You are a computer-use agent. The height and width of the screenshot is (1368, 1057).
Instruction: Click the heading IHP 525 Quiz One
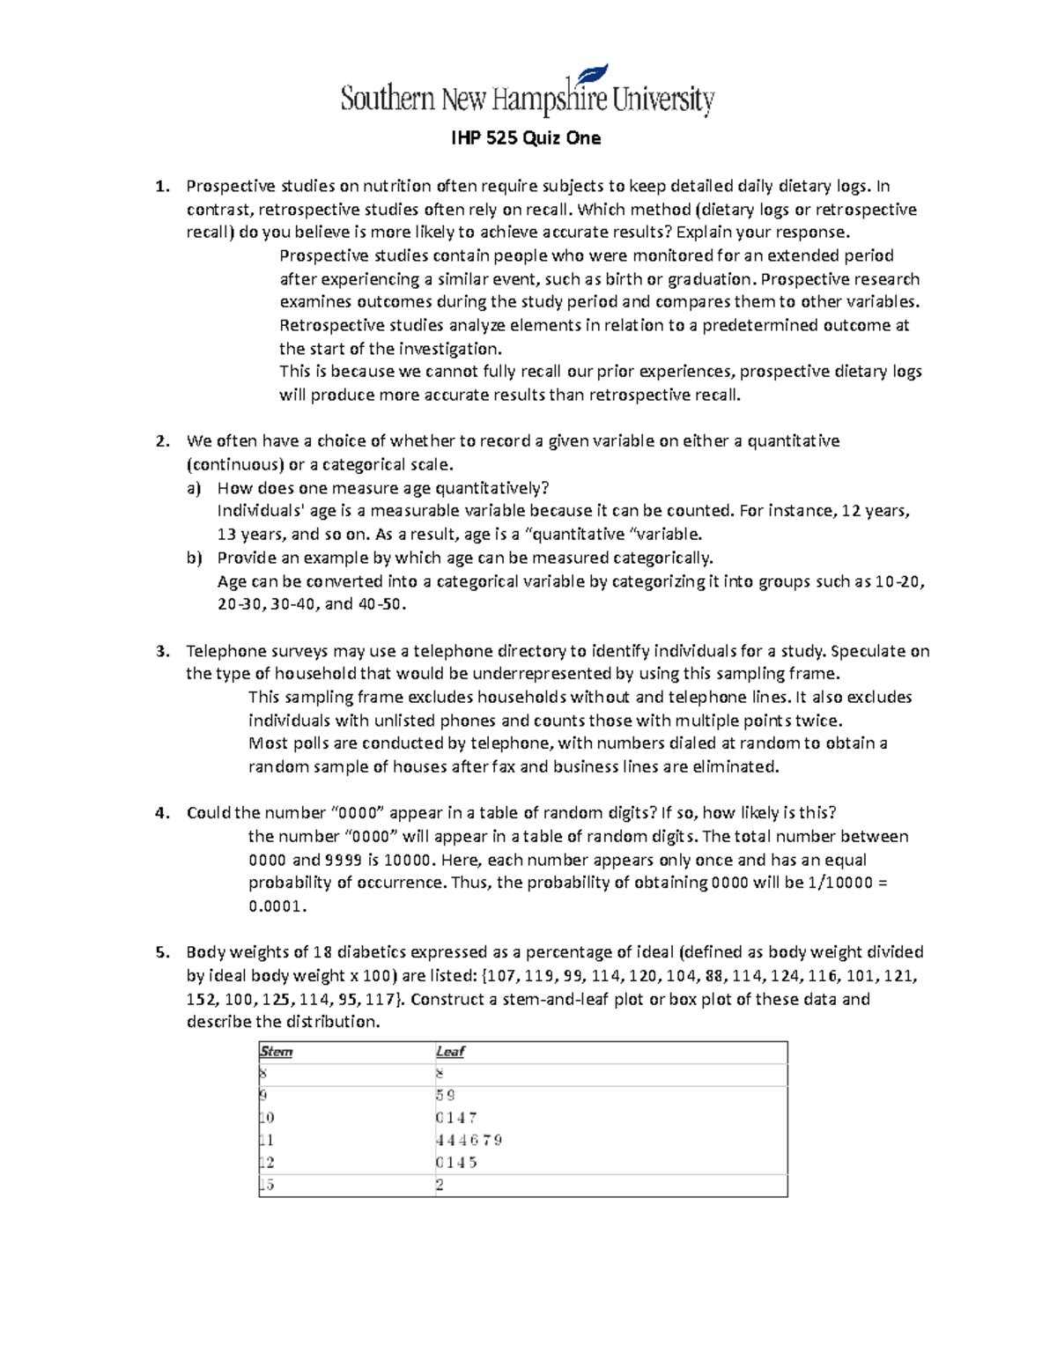pyautogui.click(x=526, y=137)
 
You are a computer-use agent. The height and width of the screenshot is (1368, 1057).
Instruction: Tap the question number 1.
pyautogui.click(x=160, y=186)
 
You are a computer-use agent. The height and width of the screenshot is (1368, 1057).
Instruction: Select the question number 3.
pyautogui.click(x=160, y=651)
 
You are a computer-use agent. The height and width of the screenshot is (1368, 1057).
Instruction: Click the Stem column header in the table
pyautogui.click(x=276, y=1052)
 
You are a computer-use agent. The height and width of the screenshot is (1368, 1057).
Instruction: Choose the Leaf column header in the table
pyautogui.click(x=449, y=1052)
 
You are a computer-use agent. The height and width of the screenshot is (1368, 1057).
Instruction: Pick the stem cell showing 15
pyautogui.click(x=267, y=1185)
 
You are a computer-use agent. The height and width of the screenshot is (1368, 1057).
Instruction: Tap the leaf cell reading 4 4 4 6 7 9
pyautogui.click(x=469, y=1140)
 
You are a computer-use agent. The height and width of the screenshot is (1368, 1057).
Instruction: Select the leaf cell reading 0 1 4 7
pyautogui.click(x=456, y=1118)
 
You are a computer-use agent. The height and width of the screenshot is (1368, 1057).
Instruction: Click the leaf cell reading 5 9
pyautogui.click(x=446, y=1096)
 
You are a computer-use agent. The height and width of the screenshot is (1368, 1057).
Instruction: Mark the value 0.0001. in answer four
pyautogui.click(x=277, y=906)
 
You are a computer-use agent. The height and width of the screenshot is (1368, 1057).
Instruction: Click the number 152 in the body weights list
pyautogui.click(x=201, y=999)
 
